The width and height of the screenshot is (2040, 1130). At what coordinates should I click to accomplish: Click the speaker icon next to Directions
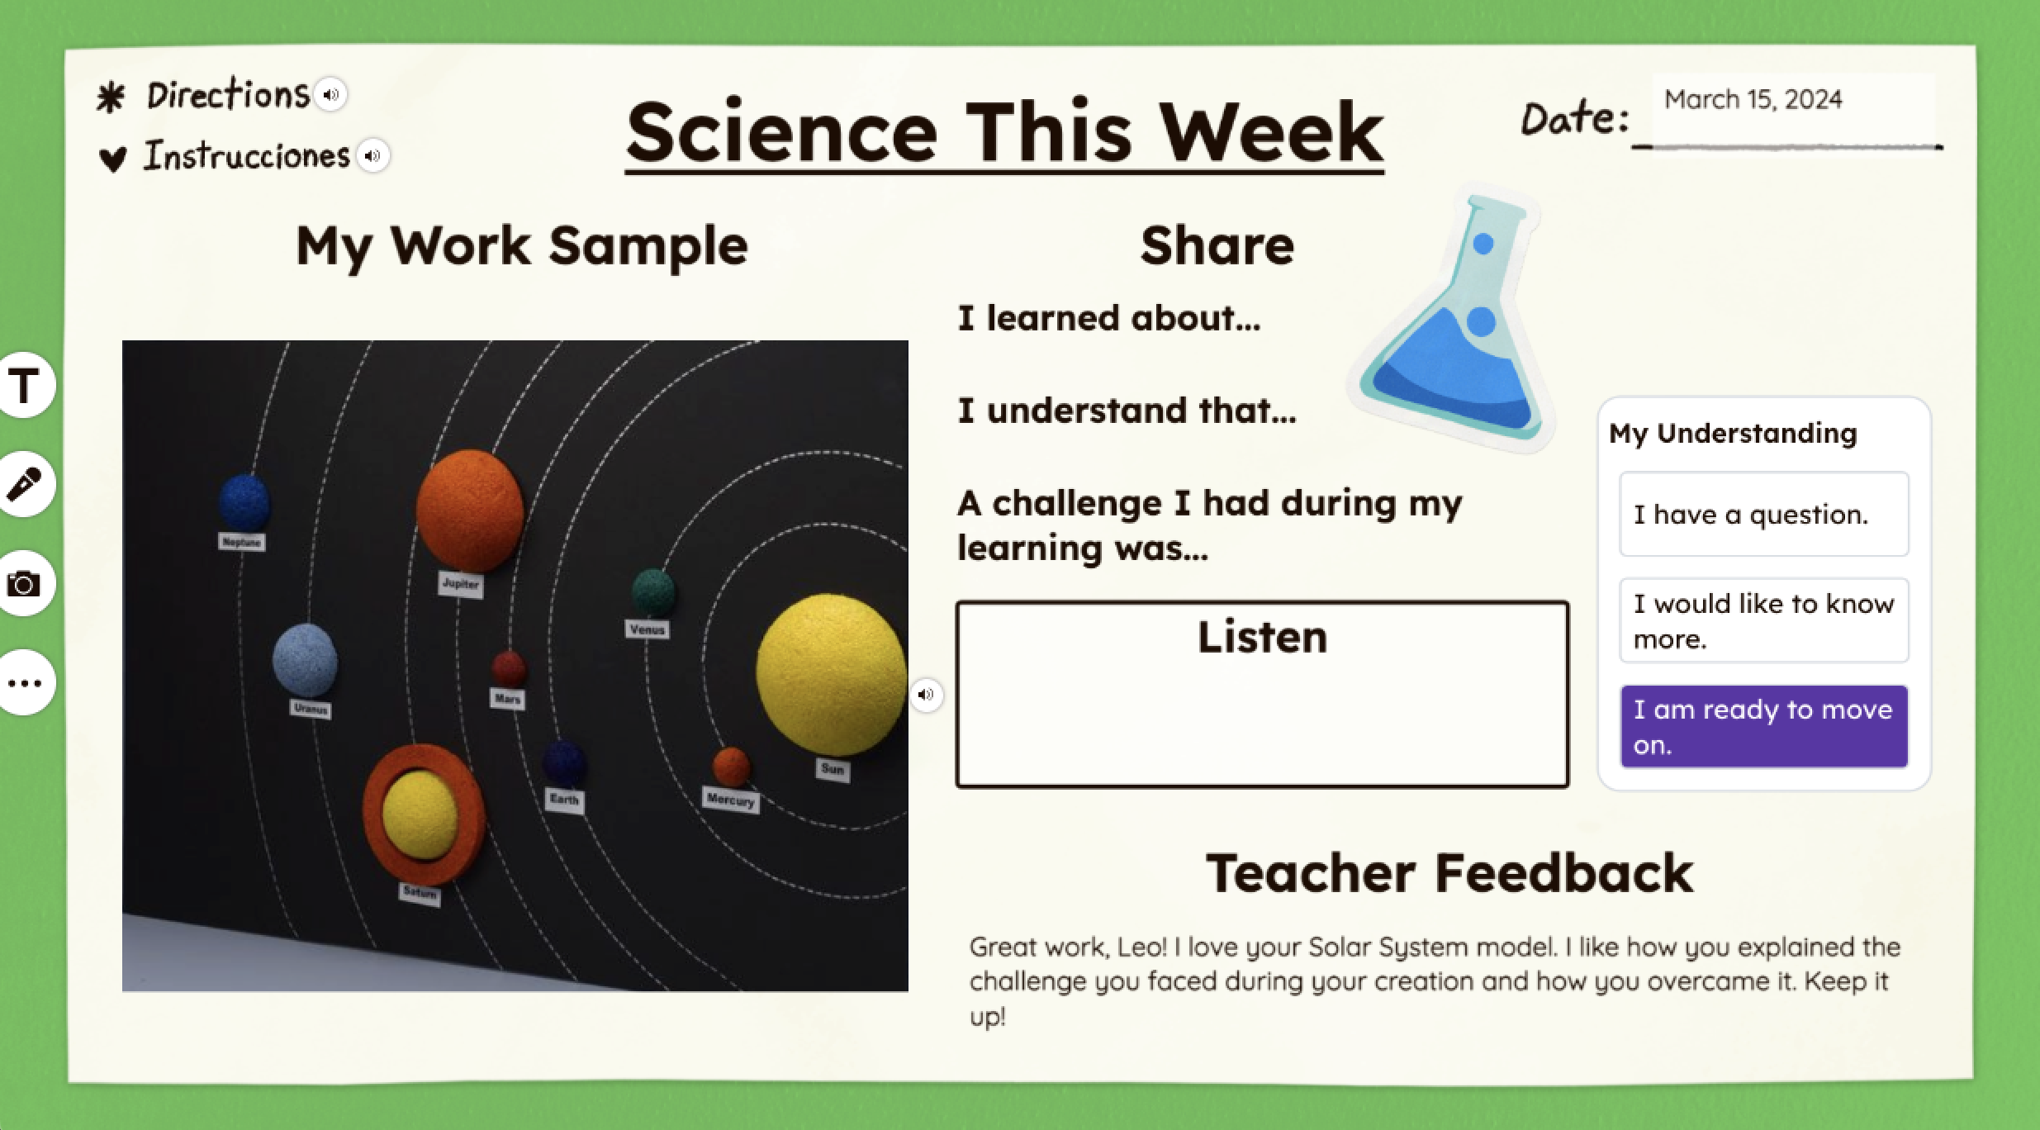pos(331,94)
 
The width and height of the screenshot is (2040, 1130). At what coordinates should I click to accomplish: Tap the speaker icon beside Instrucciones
pos(373,155)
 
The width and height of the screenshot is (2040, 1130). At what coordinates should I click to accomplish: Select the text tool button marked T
pos(25,385)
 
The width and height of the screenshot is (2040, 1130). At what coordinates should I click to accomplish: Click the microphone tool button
pos(25,484)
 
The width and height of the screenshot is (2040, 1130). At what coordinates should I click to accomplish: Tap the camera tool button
pos(25,584)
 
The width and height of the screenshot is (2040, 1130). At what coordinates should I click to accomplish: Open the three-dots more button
pos(25,683)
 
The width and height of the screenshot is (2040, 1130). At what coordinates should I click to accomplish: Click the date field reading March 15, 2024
pos(1792,101)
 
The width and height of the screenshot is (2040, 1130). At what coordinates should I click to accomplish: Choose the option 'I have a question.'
pos(1763,515)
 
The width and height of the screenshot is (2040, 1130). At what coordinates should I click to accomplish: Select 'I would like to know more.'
pos(1763,620)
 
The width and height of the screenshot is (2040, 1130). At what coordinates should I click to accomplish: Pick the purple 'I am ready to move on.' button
pos(1763,727)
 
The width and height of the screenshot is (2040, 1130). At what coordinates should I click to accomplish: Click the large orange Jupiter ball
pos(469,509)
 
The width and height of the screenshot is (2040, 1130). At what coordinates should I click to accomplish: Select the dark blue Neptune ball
pos(244,501)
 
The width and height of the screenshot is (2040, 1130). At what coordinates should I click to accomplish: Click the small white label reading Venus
pos(647,629)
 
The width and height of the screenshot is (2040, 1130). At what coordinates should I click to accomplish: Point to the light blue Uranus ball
pos(305,660)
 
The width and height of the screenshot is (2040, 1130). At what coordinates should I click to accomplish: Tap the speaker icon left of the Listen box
pos(926,695)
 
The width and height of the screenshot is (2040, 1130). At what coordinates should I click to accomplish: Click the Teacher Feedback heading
pos(1449,873)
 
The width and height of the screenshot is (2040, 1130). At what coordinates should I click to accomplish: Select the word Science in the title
pos(781,134)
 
